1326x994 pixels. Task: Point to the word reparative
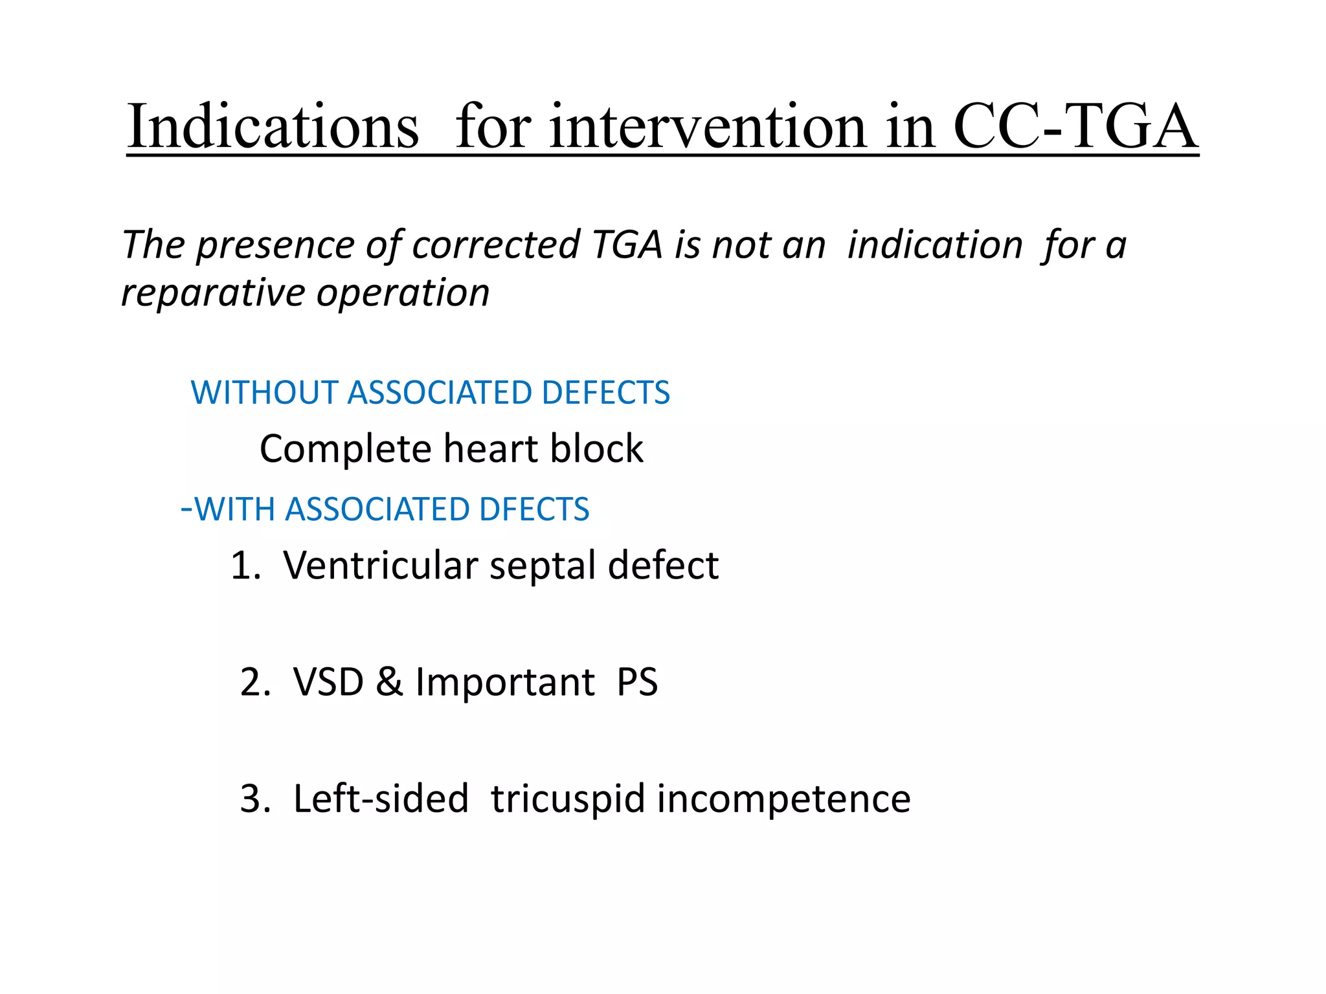[x=212, y=293]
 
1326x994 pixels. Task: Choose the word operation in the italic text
[x=403, y=293]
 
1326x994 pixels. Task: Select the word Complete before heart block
[x=345, y=449]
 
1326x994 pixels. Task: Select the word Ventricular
[x=380, y=566]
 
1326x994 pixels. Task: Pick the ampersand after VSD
[x=388, y=682]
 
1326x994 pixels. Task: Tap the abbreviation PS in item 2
[x=637, y=682]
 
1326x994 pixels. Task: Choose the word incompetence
[x=783, y=799]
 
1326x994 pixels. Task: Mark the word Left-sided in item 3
[x=381, y=799]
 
